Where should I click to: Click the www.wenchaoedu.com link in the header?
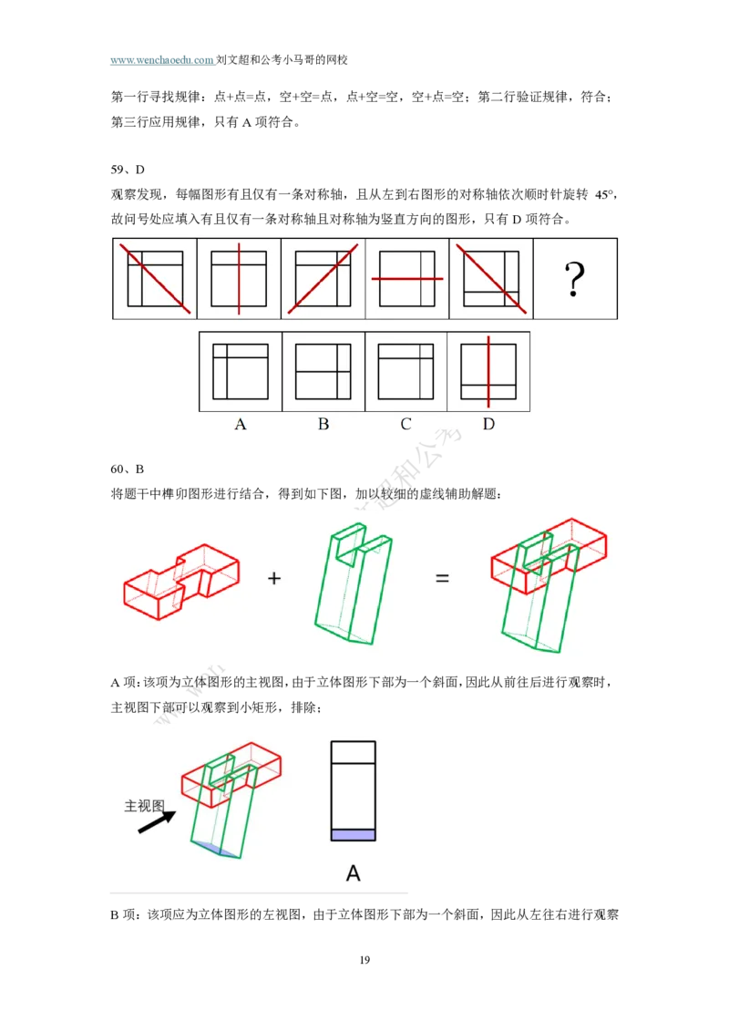tap(162, 60)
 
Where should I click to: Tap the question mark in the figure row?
tap(574, 279)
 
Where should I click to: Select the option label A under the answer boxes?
tap(241, 424)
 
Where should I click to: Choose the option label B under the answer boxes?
tap(323, 424)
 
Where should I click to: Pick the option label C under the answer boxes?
tap(406, 424)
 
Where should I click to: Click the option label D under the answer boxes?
tap(488, 424)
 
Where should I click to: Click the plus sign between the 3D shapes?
tap(274, 579)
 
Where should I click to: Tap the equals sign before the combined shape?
tap(442, 579)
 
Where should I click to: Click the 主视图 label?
tap(144, 806)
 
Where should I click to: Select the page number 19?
tap(364, 960)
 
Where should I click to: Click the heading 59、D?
tap(128, 170)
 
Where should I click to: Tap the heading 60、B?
tap(127, 470)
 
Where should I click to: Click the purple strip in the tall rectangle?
tap(354, 835)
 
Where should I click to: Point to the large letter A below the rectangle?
tap(354, 873)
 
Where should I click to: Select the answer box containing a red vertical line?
tap(488, 372)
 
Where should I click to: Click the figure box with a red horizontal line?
tap(407, 279)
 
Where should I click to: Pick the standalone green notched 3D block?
tap(354, 583)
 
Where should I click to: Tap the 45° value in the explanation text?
tap(603, 195)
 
